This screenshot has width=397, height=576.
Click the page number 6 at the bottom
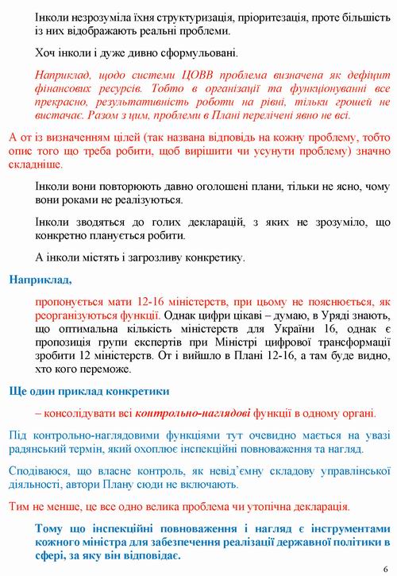click(385, 569)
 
